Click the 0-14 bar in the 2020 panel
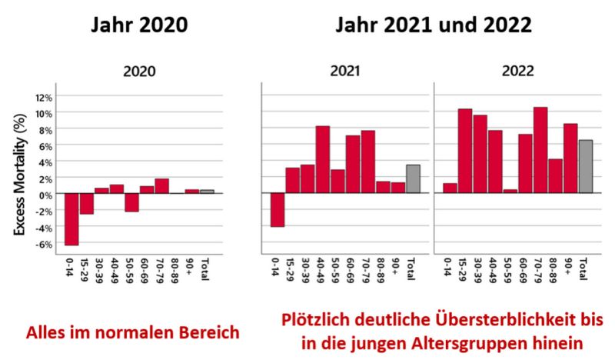(71, 219)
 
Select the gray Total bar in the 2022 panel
(585, 166)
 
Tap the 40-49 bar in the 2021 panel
(323, 159)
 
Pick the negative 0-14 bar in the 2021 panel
(278, 209)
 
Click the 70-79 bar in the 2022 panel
(540, 150)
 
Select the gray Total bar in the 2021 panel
(413, 178)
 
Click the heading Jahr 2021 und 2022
(433, 25)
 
